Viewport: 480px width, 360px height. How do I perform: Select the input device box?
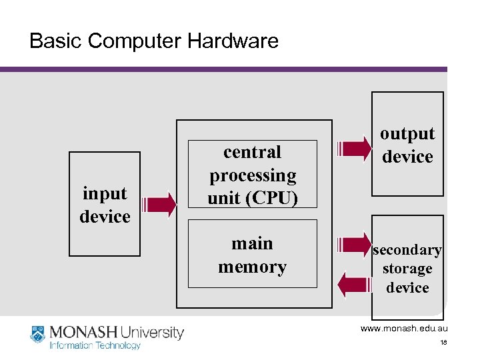tap(105, 204)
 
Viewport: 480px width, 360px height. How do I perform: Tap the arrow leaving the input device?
tap(159, 205)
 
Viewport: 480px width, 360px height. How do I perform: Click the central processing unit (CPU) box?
tap(253, 175)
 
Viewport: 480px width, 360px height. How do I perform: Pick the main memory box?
tap(253, 255)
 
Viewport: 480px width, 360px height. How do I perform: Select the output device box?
tap(407, 145)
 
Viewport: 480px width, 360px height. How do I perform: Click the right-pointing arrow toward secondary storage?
tap(356, 245)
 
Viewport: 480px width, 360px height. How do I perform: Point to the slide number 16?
tap(443, 343)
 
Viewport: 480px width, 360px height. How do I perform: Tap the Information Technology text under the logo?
tap(95, 345)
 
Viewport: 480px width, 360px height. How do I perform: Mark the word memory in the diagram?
tap(253, 267)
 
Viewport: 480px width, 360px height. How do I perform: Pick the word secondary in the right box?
tap(407, 250)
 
